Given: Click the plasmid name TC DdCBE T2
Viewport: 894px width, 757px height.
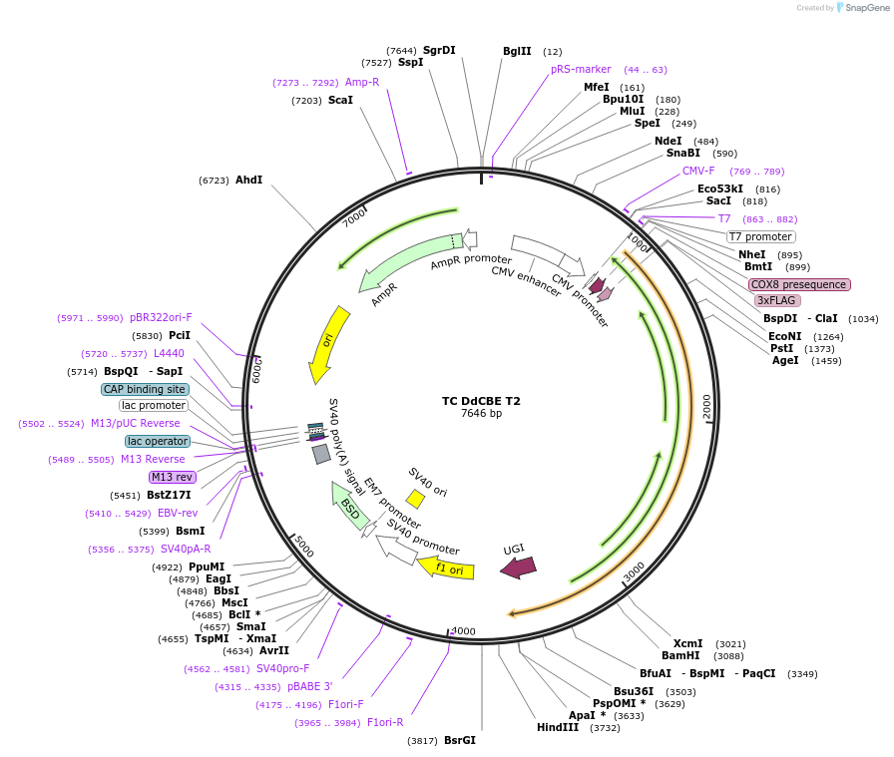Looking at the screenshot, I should (481, 402).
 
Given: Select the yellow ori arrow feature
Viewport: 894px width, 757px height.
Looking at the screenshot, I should (329, 344).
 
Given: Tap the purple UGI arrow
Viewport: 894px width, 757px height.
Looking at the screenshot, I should (518, 567).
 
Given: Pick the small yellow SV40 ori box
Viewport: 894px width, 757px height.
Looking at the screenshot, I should (415, 499).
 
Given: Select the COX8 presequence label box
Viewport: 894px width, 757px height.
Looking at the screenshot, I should (799, 284).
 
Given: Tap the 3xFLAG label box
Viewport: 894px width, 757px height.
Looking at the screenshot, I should (777, 300).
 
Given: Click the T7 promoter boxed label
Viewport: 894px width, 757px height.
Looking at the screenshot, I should (760, 237).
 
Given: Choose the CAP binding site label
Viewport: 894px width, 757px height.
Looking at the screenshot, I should (145, 389).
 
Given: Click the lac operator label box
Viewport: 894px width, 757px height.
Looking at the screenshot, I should (157, 441).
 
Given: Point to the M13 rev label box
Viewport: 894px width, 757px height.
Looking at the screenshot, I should (173, 477).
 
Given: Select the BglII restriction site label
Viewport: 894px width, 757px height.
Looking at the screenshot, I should (518, 51).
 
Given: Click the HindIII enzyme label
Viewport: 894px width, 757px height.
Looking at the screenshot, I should (558, 728).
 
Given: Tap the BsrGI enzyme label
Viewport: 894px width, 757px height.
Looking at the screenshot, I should (460, 740).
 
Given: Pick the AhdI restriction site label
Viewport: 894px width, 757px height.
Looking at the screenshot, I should (248, 181).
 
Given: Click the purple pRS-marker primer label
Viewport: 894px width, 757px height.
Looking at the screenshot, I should (581, 70).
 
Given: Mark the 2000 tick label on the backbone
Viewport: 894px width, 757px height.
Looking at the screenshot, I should (706, 406).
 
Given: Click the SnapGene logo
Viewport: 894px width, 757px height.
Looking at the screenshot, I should (862, 8).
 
